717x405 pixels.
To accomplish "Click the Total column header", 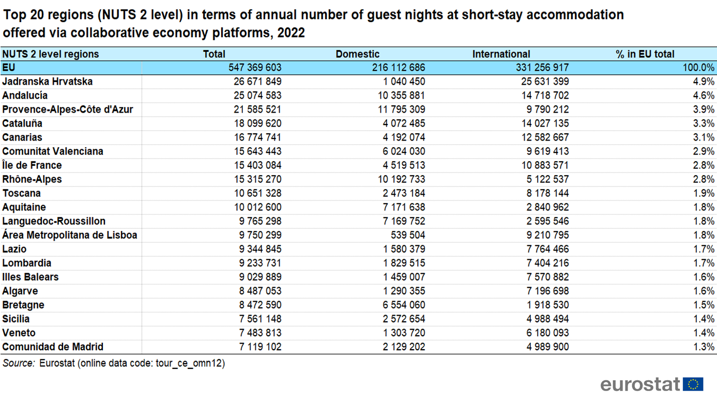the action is pos(214,54).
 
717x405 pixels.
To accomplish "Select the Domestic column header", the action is pos(358,54).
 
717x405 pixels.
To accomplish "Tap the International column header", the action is pos(501,54).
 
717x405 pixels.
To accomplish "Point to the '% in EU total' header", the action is pos(645,54).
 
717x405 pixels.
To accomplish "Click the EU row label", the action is pos(9,68).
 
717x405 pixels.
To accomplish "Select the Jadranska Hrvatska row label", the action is pos(48,82).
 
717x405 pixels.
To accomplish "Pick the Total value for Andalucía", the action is pos(257,96).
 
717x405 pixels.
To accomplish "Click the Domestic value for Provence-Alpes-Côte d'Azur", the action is pos(401,110).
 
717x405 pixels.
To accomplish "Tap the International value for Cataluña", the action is pos(545,123).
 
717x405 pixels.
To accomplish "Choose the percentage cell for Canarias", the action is pos(704,137).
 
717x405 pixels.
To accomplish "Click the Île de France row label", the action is pos(32,165).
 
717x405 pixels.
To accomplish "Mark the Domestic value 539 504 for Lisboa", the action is pos(408,235).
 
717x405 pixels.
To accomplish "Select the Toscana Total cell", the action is pos(257,193).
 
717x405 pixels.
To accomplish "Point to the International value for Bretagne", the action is pos(547,305).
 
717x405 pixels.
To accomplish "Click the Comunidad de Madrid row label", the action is pos(53,347).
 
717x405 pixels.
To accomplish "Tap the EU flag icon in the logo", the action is pos(693,384).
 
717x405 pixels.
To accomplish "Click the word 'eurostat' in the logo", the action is pos(640,384).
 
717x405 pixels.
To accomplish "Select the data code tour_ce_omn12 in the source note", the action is pos(189,363).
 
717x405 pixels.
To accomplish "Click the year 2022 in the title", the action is pos(291,33).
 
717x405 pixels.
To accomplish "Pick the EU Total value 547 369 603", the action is pos(255,68).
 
